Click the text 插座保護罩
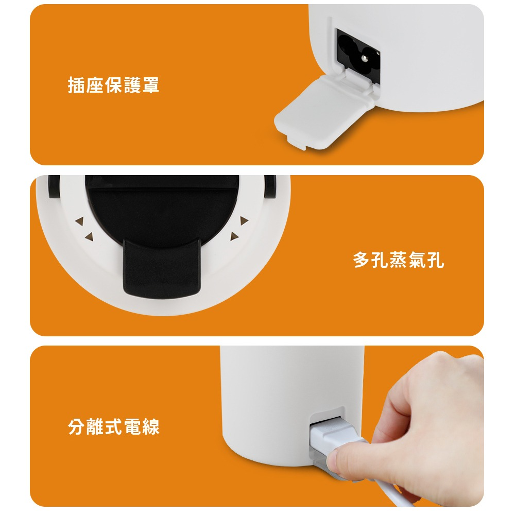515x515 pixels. (x=114, y=85)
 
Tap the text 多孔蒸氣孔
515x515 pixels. (x=399, y=260)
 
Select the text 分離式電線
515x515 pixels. (x=114, y=427)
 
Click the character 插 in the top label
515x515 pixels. (x=77, y=85)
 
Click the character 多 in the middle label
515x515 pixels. (x=362, y=260)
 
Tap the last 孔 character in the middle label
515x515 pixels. (x=436, y=260)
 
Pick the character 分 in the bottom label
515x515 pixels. (x=77, y=427)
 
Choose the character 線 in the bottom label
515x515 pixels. (x=151, y=427)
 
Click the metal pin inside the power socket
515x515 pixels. (x=364, y=59)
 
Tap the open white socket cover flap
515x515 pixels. (x=323, y=110)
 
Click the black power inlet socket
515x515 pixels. (x=357, y=56)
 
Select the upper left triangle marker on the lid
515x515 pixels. (x=80, y=221)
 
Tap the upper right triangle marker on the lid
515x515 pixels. (x=244, y=221)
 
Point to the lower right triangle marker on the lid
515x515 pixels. (x=234, y=236)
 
